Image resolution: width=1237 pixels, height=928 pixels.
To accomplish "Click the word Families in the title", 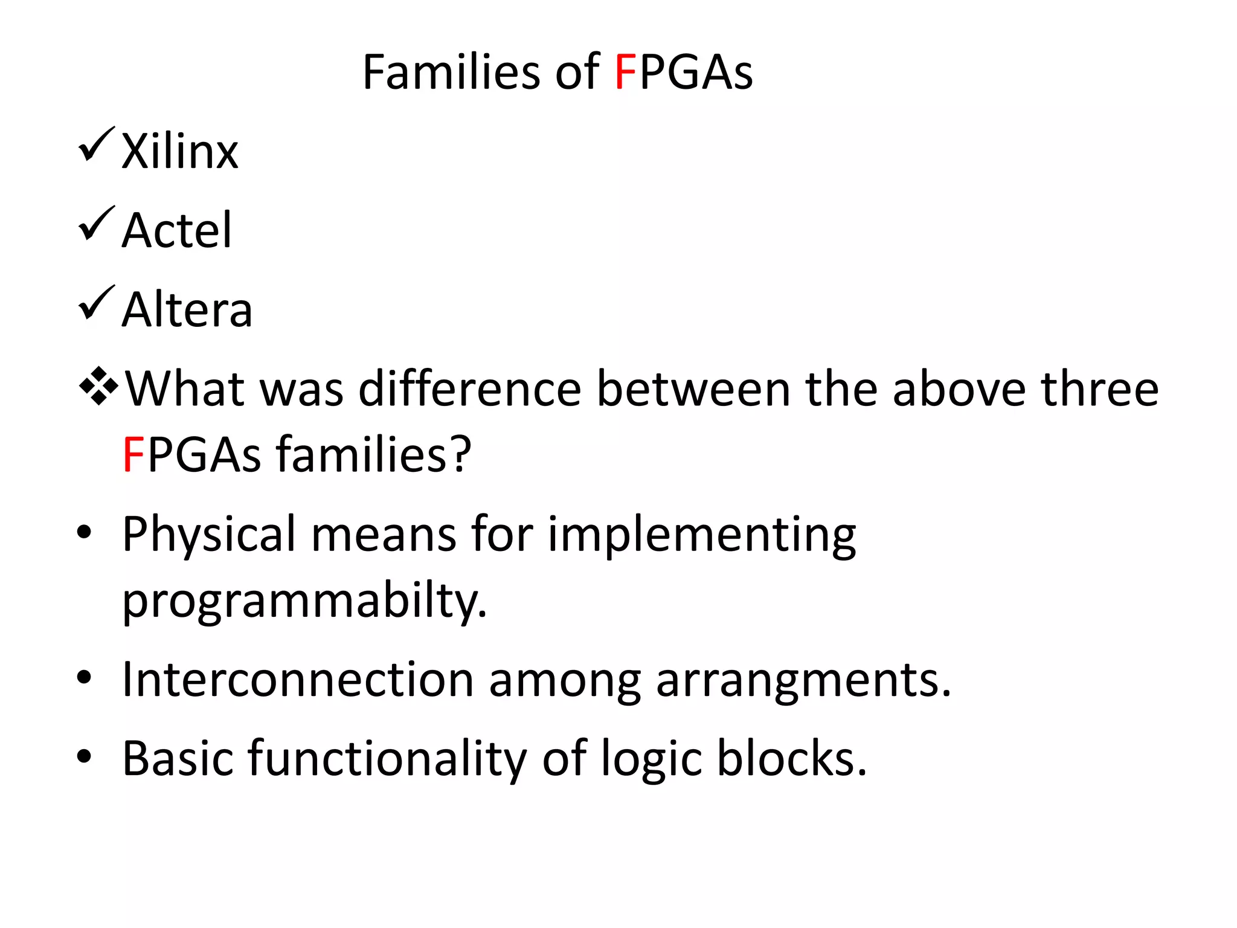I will click(x=451, y=72).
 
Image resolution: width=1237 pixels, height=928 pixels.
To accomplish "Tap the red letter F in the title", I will click(x=625, y=72).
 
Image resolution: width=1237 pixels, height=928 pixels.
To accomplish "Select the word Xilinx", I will click(x=180, y=151).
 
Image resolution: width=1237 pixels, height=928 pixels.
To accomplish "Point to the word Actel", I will click(x=176, y=230).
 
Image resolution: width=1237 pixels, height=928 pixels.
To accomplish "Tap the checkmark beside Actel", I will click(x=96, y=224).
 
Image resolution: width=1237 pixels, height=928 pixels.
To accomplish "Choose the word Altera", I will click(x=187, y=309).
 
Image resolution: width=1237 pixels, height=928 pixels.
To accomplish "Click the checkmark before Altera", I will click(x=96, y=303).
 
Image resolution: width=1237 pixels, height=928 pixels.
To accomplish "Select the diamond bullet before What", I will click(x=98, y=385).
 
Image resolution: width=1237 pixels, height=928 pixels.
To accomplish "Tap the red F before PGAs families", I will click(x=132, y=454).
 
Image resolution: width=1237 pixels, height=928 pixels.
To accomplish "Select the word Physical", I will click(x=209, y=535).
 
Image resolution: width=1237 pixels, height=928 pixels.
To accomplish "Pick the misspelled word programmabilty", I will click(x=304, y=601).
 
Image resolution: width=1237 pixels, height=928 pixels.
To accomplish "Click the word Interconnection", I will click(x=298, y=680).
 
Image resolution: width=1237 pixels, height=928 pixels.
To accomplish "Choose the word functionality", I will click(x=387, y=759).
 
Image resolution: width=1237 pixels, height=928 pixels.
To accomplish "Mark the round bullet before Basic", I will click(x=84, y=756).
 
